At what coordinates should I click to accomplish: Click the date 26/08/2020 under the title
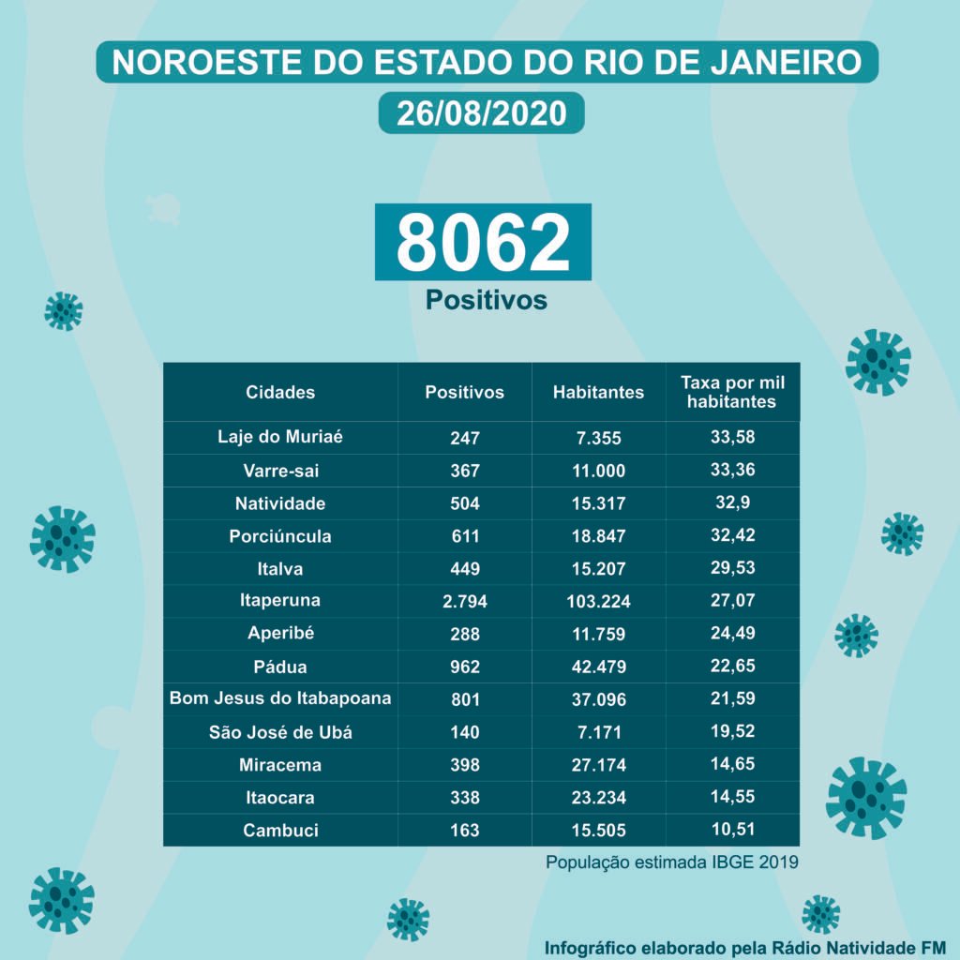pos(481,113)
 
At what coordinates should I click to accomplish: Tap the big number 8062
pos(483,242)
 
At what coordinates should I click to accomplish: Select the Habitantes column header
pos(598,392)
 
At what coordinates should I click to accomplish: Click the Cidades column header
pos(280,392)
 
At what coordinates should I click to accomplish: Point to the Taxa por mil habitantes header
pos(732,392)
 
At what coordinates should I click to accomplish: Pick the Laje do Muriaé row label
pos(280,436)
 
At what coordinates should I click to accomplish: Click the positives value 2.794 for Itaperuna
pos(464,601)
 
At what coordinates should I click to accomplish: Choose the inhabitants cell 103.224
pos(598,601)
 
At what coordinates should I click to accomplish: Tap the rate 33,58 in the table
pos(732,436)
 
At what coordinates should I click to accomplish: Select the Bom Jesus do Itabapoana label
pos(280,698)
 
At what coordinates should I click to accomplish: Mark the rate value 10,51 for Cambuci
pos(732,829)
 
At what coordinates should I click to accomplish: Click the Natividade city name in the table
pos(280,503)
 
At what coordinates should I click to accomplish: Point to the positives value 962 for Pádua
pos(464,667)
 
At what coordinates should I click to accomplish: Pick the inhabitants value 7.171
pos(598,732)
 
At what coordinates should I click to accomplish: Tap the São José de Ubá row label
pos(280,732)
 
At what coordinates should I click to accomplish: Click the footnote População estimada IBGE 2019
pos(672,862)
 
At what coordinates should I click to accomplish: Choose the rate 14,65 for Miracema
pos(732,764)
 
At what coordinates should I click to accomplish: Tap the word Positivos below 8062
pos(486,299)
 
